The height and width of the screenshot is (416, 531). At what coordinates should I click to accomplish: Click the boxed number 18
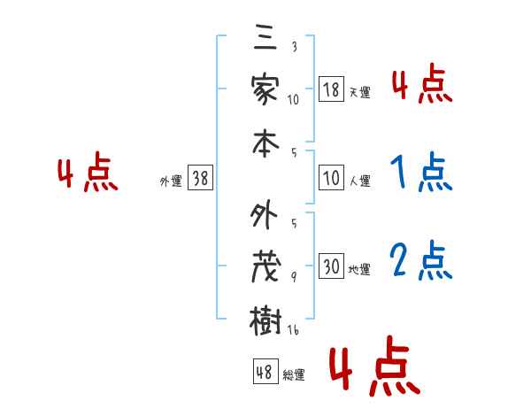pos(331,89)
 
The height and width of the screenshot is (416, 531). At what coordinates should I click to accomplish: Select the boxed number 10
pos(331,179)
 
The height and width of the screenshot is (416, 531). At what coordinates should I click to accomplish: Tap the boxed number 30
pos(331,265)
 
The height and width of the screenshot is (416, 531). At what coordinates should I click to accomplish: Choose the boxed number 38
pos(200,179)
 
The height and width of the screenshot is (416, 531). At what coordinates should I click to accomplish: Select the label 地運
pos(359,268)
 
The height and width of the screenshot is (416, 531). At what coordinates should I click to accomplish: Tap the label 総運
pos(294,374)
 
